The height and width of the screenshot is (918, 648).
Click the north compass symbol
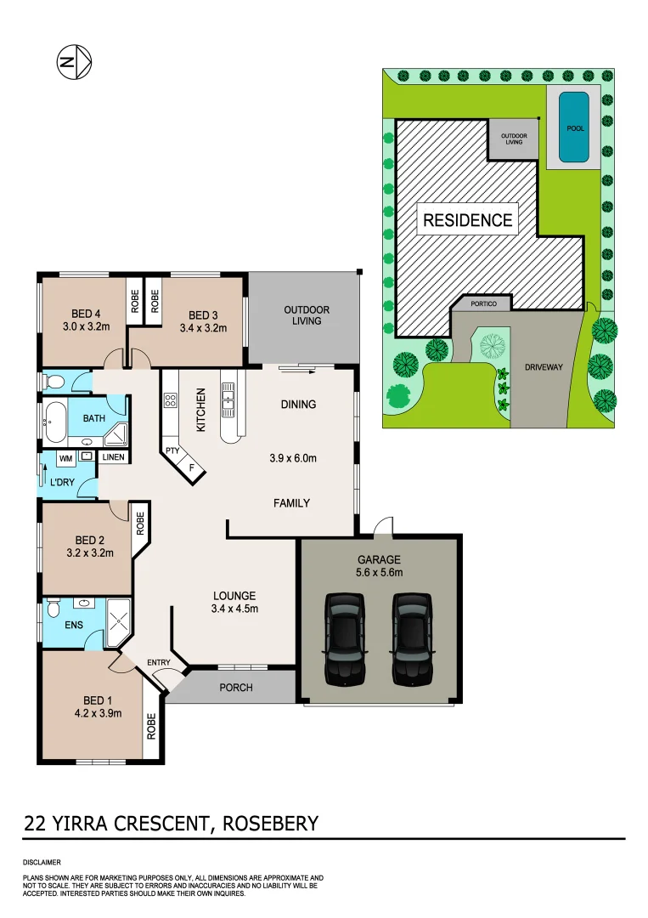[x=74, y=62]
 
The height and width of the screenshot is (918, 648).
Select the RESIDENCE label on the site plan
[x=467, y=220]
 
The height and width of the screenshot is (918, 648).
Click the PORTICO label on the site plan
[x=484, y=303]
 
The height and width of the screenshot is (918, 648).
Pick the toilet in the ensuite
[x=53, y=609]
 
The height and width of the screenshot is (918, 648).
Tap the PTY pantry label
[x=172, y=450]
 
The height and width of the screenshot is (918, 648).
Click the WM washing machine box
[x=65, y=457]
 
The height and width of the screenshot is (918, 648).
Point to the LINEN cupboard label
[x=113, y=457]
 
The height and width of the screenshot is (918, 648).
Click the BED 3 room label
[x=203, y=313]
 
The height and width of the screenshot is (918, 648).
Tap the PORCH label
[x=235, y=687]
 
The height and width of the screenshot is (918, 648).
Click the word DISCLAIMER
[x=42, y=862]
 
